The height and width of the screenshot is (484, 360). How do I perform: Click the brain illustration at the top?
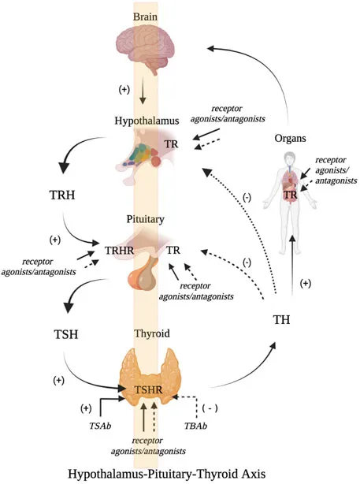tap(143, 48)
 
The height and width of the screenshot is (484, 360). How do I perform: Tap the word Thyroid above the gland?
tap(143, 333)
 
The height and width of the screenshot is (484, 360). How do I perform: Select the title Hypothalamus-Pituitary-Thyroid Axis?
tap(180, 474)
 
